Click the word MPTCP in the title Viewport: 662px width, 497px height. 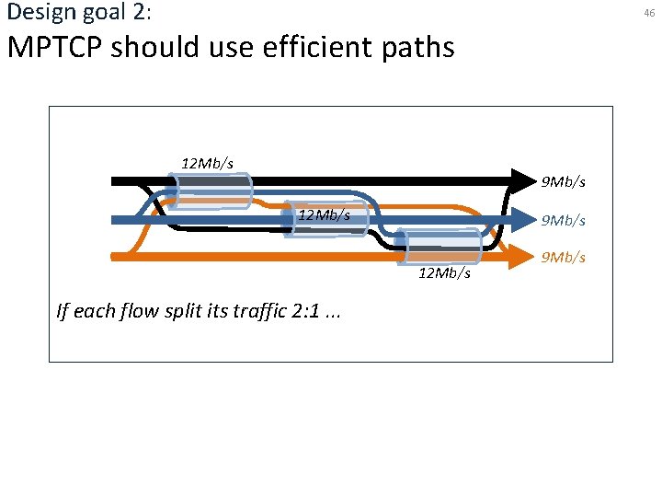[55, 46]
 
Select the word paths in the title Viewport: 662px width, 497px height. [418, 46]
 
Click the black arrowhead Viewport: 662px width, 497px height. [525, 180]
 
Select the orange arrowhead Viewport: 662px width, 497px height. [525, 255]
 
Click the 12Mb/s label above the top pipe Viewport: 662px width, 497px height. [207, 163]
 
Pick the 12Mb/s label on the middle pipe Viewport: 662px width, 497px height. [324, 215]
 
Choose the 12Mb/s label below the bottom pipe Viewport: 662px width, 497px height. [444, 273]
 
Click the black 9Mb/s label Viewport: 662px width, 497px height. [563, 182]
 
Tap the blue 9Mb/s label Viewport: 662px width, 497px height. [563, 220]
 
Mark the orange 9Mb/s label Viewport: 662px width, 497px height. [563, 257]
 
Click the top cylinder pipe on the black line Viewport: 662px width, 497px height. [212, 191]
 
